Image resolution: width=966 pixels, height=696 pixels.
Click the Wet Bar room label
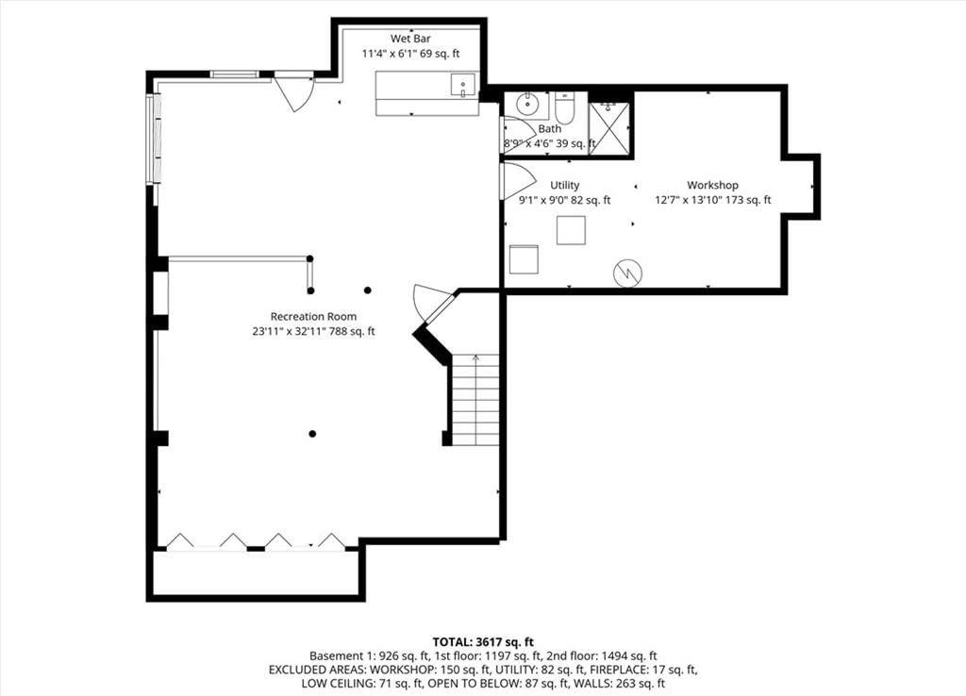point(410,39)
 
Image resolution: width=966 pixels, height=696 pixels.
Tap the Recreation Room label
point(313,317)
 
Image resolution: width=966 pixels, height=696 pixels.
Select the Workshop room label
point(713,185)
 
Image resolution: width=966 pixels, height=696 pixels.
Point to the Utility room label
point(565,185)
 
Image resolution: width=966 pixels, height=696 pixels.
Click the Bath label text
point(550,128)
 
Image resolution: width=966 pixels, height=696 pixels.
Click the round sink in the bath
point(527,105)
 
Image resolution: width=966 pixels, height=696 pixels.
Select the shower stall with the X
point(608,128)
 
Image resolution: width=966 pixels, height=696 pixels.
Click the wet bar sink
point(462,85)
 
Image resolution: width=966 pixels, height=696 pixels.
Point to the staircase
point(475,400)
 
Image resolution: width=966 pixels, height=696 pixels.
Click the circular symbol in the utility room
point(627,273)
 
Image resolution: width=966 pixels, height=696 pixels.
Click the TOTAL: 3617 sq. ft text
point(483,642)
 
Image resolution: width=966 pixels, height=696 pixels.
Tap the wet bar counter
point(427,93)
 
